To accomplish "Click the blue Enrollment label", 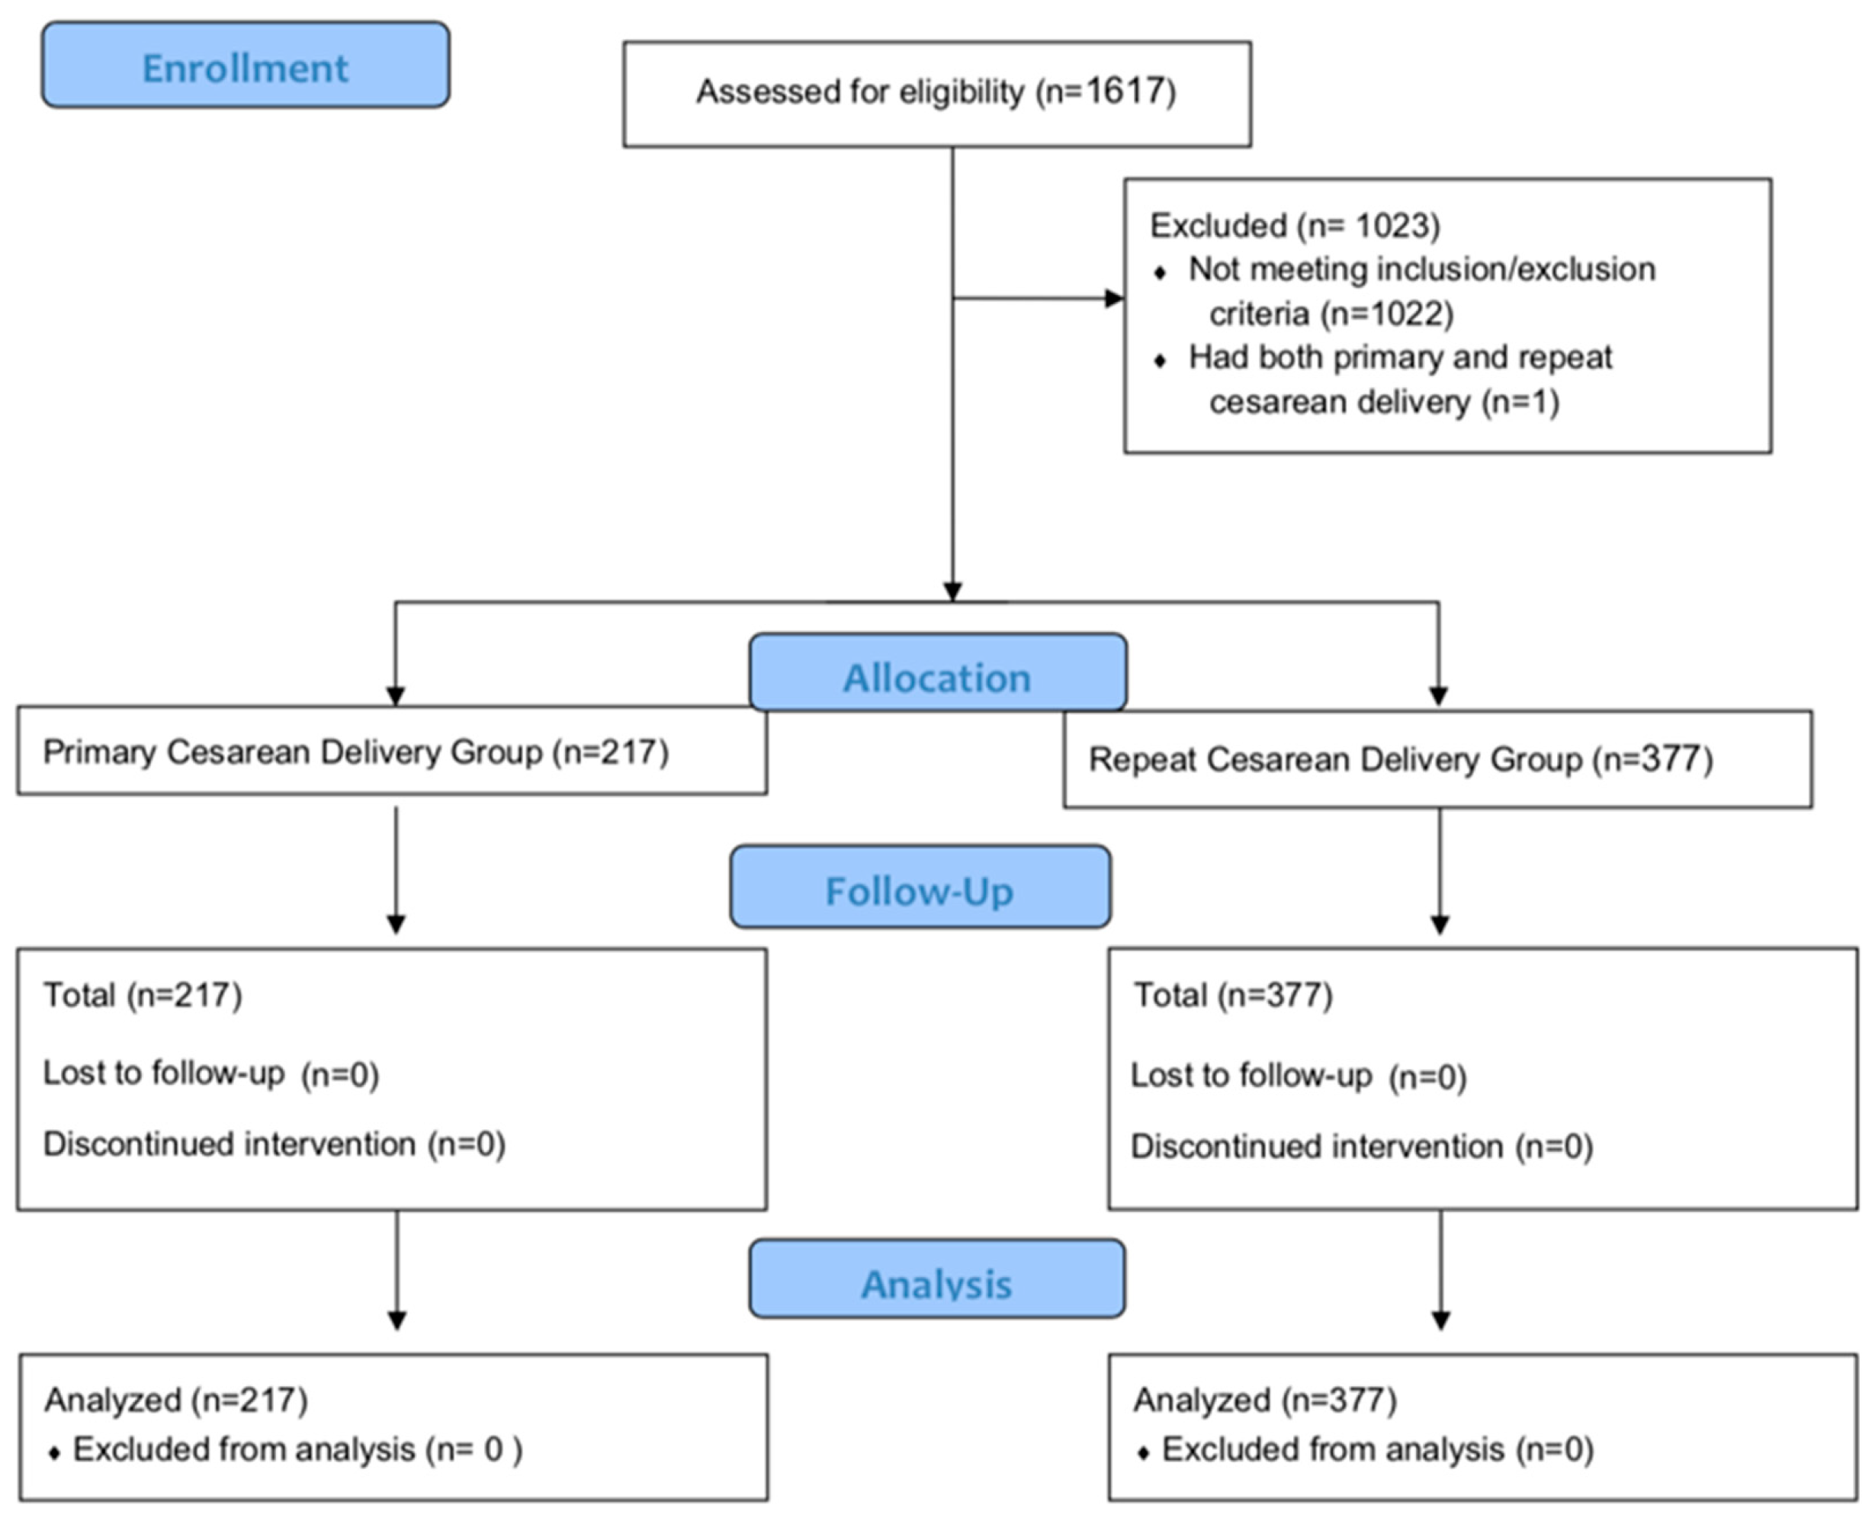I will coord(246,66).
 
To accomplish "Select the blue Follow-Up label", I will coord(920,889).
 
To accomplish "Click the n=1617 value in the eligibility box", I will coord(1106,91).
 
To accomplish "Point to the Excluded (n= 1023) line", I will coord(1294,225).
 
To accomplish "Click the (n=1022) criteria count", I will coord(1387,313).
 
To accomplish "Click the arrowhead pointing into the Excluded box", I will coord(1115,299).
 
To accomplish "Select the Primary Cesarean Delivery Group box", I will coord(392,752).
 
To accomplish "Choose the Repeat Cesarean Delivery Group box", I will coord(1437,759).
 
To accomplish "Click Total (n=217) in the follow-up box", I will coord(143,994).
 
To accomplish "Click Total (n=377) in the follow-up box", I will coord(1233,994).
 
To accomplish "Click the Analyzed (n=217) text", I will coord(176,1399).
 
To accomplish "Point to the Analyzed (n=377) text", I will coord(1264,1399).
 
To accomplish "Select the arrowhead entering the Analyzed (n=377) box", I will coord(1440,1319).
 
